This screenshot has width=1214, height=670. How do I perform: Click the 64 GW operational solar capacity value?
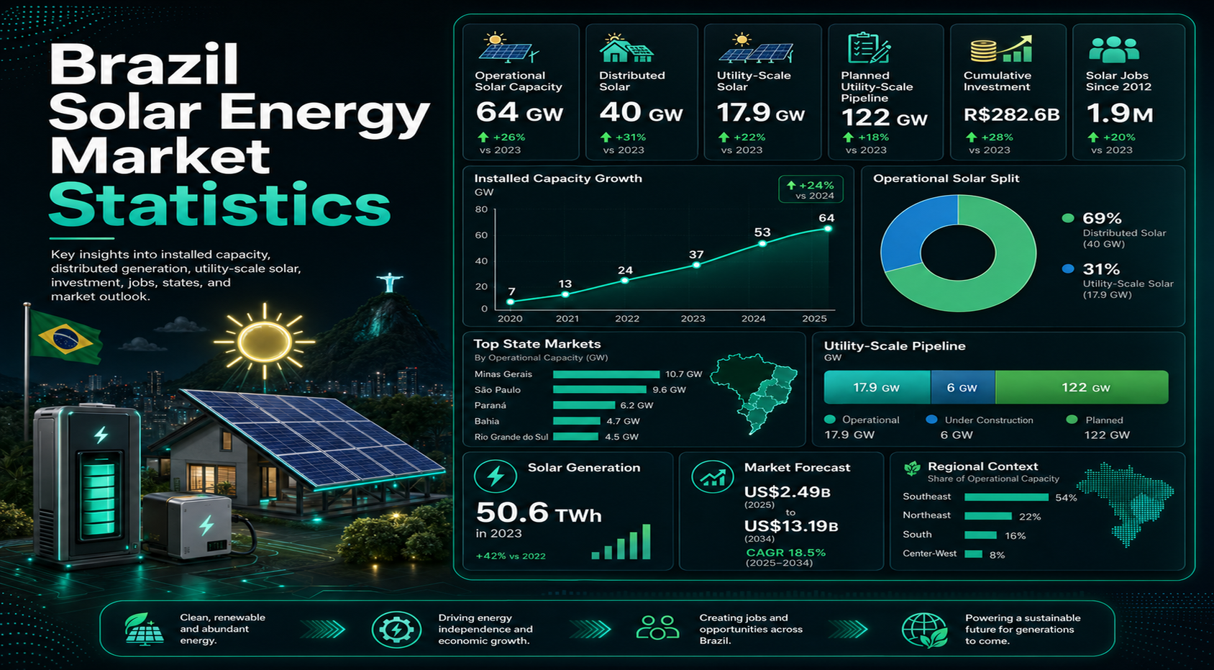[x=519, y=112]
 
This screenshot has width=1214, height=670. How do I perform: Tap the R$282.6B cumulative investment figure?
[x=1011, y=114]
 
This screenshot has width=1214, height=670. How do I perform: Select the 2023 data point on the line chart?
[x=696, y=265]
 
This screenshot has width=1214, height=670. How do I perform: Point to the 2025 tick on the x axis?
[x=814, y=319]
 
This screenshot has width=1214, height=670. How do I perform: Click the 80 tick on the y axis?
[x=481, y=209]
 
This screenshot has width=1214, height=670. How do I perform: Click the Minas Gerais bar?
[x=606, y=374]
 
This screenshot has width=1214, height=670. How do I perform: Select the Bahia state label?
[x=487, y=421]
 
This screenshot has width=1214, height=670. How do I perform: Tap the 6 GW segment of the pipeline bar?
[x=962, y=387]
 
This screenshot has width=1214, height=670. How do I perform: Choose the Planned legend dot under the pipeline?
[x=1072, y=420]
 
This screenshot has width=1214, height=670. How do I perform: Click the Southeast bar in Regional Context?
[x=1006, y=497]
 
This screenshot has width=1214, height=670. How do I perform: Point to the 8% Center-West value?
[x=998, y=555]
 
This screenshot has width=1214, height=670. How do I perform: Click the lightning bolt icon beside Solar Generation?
[x=496, y=476]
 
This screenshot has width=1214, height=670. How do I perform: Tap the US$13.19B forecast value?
[x=790, y=525]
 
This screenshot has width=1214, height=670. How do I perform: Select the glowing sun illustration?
[x=265, y=341]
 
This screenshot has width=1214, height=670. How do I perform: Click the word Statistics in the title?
[x=219, y=204]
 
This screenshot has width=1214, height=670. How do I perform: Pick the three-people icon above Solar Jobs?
[x=1114, y=50]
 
